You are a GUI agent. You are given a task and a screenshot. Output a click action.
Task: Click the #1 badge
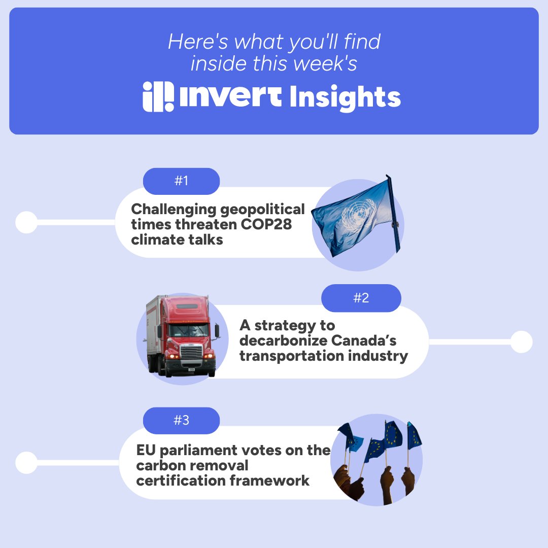(181, 181)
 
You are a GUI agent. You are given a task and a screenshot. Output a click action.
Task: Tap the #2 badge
(361, 298)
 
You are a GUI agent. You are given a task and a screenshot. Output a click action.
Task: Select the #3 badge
(181, 421)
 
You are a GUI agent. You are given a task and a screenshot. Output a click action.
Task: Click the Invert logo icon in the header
(158, 96)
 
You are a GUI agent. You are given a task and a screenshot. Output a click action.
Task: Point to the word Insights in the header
(345, 97)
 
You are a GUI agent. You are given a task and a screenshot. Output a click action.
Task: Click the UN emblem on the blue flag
(354, 217)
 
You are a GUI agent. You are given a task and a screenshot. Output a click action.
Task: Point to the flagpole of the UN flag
(394, 213)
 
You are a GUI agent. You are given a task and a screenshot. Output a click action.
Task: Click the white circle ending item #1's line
(26, 222)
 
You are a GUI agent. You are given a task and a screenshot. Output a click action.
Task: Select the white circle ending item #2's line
(521, 342)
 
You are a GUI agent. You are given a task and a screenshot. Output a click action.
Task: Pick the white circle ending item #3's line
(26, 463)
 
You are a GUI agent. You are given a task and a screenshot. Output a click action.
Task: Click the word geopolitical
(263, 209)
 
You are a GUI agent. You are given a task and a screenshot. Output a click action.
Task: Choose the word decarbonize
(280, 340)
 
